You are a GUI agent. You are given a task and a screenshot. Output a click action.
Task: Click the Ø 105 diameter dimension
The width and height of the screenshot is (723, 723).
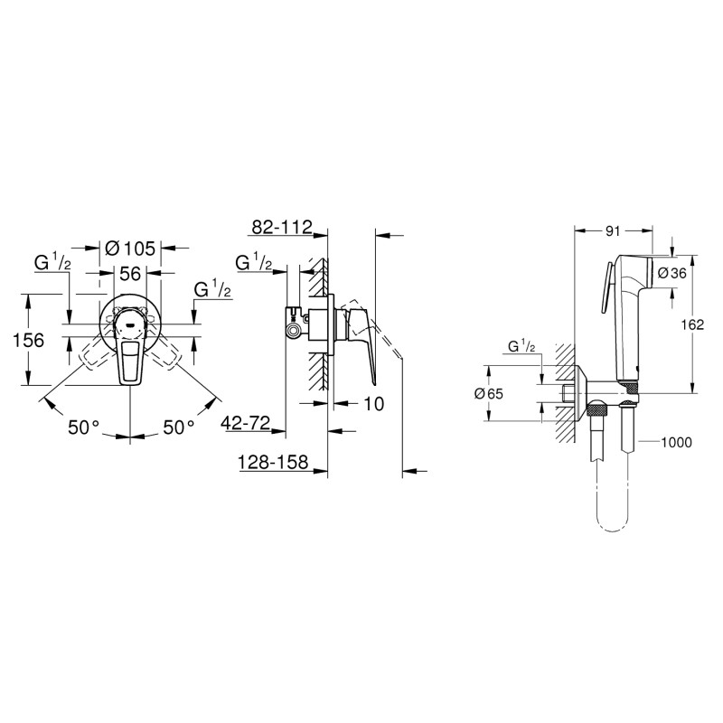130,246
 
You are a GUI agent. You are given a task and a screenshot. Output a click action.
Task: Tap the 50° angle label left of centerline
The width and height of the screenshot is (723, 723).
84,427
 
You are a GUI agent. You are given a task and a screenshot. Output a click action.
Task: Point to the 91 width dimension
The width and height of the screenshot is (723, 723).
614,230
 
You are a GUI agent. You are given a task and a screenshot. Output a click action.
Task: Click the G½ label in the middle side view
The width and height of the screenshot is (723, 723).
255,263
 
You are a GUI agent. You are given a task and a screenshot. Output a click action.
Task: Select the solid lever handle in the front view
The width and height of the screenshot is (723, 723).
130,357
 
